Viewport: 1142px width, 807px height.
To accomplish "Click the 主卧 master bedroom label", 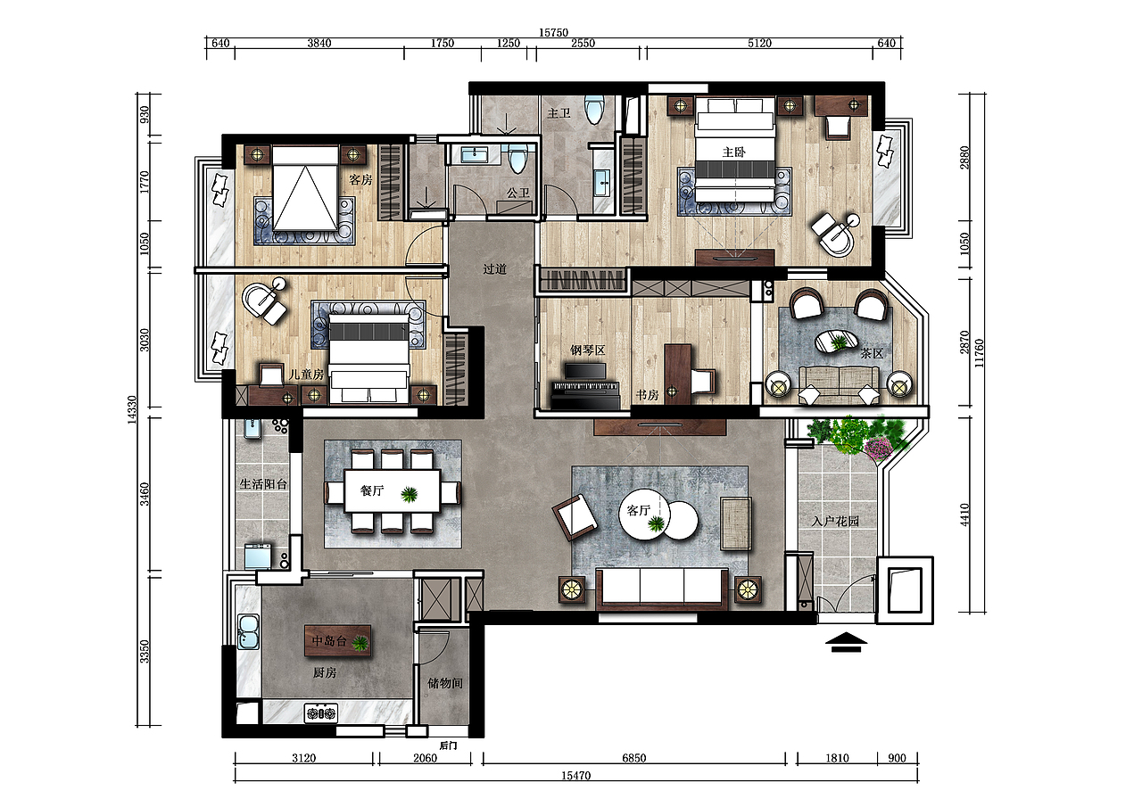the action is pos(733,152).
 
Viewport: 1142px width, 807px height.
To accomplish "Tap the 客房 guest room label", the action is pos(361,180).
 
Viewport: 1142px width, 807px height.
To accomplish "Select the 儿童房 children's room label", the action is pos(306,375).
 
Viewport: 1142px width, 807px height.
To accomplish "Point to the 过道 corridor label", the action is pos(495,269).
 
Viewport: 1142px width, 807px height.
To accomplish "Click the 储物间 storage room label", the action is pos(445,683).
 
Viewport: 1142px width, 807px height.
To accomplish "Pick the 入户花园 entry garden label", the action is pos(836,521).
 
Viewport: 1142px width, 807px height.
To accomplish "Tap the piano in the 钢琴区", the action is pos(585,387).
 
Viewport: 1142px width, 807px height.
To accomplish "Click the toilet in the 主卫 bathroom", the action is pos(594,110).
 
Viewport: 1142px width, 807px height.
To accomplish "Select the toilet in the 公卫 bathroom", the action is pos(518,158).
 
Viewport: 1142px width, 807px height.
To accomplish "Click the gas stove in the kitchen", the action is pos(321,713).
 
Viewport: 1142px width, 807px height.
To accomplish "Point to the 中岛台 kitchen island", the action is pos(337,641).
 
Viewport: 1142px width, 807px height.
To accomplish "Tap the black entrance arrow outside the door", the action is pos(846,642).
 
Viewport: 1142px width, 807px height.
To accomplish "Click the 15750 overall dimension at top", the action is pos(554,33).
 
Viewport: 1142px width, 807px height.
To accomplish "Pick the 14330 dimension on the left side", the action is pos(132,409).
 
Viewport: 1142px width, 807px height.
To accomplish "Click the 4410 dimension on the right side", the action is pos(964,515).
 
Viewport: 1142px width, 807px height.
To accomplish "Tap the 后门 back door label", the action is pos(448,745).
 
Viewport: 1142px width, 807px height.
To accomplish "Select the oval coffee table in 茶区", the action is pos(836,342).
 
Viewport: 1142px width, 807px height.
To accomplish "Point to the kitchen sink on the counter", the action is pos(248,631).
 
